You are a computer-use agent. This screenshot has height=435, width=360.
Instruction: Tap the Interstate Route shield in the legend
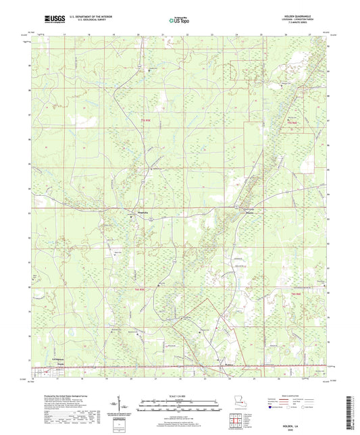pos(275,409)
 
